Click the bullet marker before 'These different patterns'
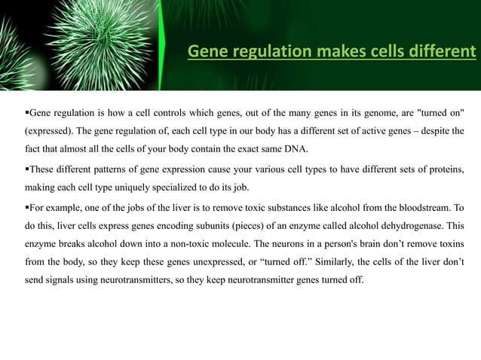(27, 166)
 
